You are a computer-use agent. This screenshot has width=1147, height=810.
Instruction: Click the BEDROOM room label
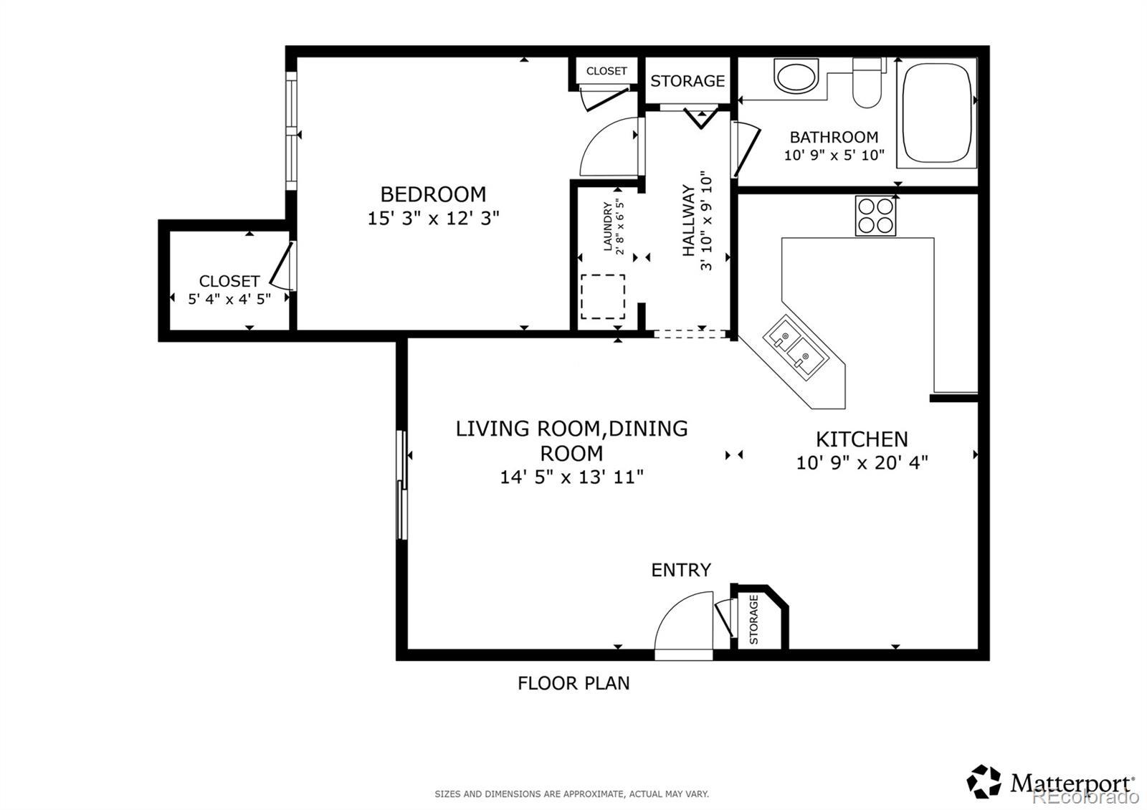click(433, 194)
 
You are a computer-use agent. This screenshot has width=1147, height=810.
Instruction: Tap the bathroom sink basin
click(796, 76)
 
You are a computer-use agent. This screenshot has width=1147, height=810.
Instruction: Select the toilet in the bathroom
click(867, 83)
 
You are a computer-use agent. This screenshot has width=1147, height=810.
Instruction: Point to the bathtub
click(937, 113)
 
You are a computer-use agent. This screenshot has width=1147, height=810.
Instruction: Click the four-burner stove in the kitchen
click(875, 216)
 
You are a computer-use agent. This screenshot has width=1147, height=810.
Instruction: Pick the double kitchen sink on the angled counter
click(795, 347)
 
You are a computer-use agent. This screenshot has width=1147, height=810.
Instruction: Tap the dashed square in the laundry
click(603, 297)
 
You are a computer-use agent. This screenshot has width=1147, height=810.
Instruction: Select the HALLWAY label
click(689, 221)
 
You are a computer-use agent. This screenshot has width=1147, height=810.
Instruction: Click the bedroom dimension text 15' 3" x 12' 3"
click(433, 218)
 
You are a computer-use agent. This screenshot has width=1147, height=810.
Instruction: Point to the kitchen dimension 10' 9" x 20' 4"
click(862, 463)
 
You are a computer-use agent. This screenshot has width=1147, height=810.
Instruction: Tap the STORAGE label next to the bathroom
click(687, 81)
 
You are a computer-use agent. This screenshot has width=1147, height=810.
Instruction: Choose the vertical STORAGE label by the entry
click(753, 619)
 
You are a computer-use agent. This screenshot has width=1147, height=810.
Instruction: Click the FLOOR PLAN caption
click(573, 683)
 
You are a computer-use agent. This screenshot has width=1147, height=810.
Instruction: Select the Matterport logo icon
click(984, 781)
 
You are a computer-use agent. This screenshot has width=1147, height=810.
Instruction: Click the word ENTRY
click(681, 570)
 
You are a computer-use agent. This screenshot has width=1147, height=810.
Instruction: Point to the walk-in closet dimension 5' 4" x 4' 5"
click(229, 299)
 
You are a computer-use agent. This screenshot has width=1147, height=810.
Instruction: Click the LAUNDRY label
click(608, 227)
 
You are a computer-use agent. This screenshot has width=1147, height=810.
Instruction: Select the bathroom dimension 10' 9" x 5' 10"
click(834, 155)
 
